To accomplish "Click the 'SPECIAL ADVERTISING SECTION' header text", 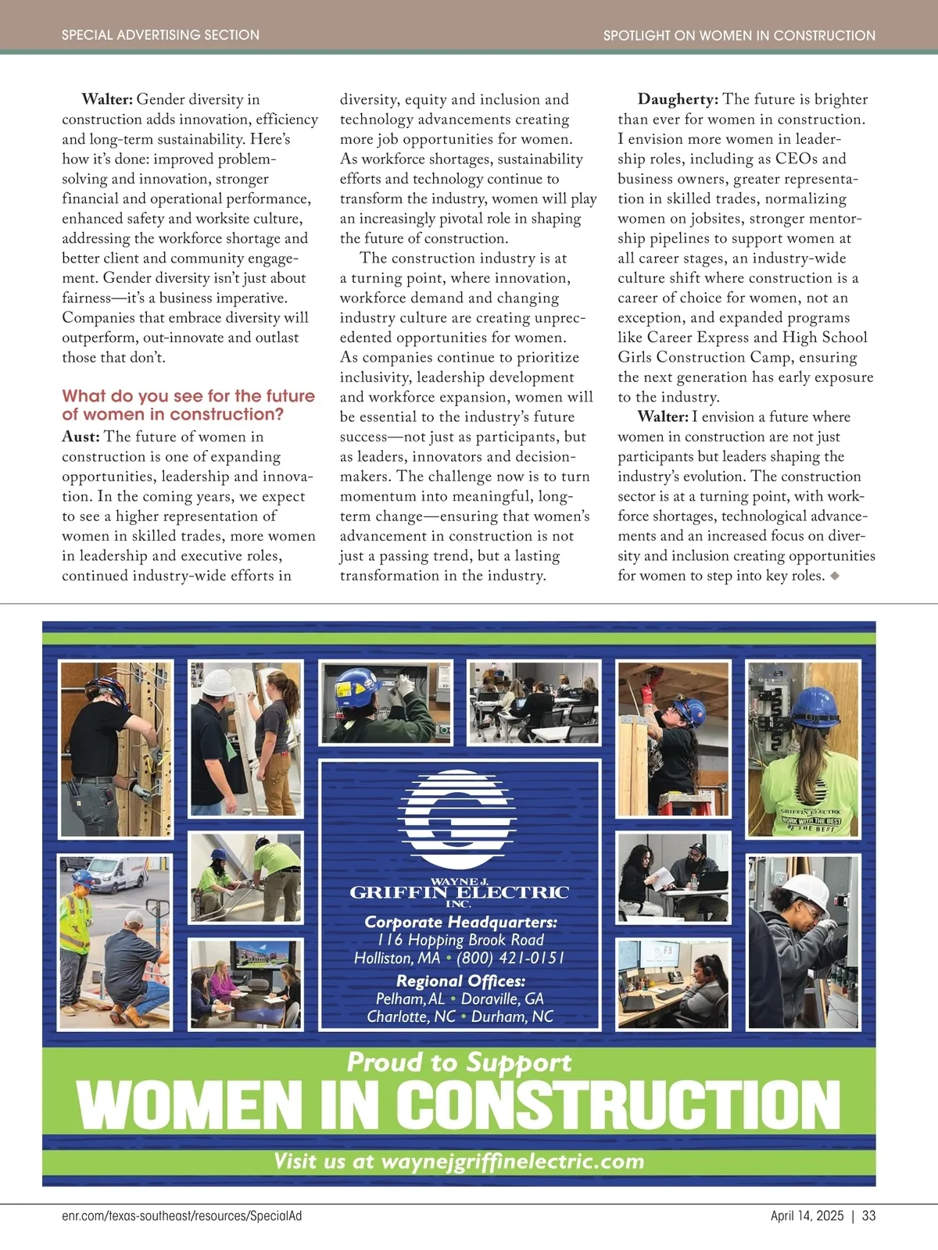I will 160,35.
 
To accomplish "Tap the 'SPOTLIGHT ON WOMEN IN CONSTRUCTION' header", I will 739,35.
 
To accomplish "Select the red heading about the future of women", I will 188,405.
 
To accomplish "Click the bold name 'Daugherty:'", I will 678,99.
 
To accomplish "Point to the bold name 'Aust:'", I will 81,437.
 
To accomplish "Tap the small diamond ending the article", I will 835,576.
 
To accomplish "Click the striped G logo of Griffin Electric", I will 457,810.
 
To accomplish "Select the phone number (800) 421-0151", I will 510,958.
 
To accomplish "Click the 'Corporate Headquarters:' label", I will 460,922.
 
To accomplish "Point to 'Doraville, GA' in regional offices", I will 502,998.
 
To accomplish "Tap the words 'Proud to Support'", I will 459,1062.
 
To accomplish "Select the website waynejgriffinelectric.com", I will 512,1161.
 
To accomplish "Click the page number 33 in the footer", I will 868,1216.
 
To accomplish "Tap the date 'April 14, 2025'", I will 807,1216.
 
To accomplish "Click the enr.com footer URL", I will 181,1216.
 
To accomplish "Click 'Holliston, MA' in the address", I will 397,958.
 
